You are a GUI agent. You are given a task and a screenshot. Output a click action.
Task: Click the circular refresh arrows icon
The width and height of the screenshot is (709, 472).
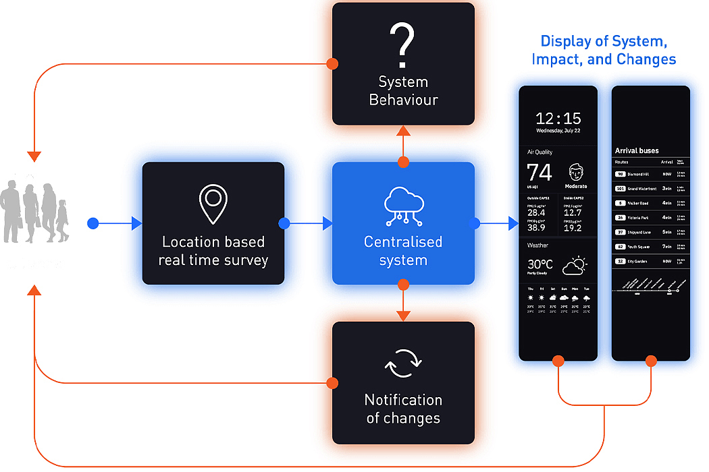[x=403, y=364]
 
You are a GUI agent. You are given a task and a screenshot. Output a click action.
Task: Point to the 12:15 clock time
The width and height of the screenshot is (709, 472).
[x=558, y=118]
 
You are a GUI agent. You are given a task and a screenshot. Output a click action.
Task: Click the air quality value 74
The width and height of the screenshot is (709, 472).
[x=540, y=173]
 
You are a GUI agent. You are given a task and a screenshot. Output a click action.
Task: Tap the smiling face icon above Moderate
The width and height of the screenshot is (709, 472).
[x=576, y=171]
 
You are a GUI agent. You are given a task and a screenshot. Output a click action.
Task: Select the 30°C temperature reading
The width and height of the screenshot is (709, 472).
[x=541, y=264]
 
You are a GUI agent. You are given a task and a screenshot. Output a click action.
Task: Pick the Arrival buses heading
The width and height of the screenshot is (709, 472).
[x=637, y=150]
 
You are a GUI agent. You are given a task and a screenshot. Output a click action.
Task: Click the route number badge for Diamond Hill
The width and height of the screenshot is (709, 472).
[x=620, y=174]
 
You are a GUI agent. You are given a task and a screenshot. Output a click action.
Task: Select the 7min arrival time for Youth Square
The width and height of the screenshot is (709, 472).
[x=666, y=246]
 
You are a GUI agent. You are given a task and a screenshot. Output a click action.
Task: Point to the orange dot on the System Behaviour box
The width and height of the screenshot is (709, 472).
[x=332, y=64]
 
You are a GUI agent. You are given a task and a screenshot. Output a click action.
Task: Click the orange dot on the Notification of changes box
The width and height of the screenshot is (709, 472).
[x=332, y=383]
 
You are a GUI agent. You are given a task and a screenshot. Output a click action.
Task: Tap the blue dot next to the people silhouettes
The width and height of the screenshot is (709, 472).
[x=93, y=223]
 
